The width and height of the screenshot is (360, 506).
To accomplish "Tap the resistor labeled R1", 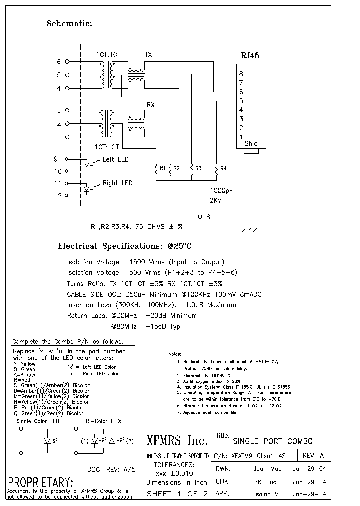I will (157, 169).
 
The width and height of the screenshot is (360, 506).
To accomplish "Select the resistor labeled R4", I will (217, 169).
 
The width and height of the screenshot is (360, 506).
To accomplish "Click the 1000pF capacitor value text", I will (221, 190).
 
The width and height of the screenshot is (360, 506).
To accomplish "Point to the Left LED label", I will (115, 159).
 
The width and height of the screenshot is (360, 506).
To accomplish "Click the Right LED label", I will (117, 183).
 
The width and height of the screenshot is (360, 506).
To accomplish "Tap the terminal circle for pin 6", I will (67, 62).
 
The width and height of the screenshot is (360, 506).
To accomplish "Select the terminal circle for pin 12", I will (67, 196).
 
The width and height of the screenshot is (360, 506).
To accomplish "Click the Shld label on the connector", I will (251, 144).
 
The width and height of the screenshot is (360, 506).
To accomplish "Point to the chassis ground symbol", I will (249, 229).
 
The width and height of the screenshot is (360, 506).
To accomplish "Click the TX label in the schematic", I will (148, 54).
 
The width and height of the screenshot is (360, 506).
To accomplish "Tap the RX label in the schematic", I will (150, 105).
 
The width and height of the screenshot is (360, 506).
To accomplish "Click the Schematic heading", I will (69, 23).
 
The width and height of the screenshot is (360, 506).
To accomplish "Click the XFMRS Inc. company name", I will (177, 441).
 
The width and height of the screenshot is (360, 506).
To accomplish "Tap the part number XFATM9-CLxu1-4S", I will (258, 456).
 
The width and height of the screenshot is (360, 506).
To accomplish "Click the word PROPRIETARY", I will (41, 482).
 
